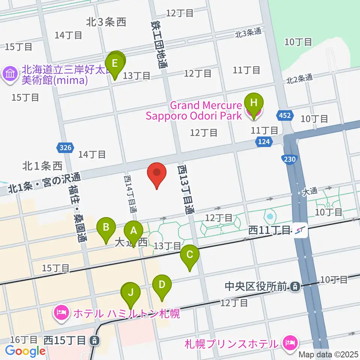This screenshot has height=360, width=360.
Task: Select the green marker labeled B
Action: [x=106, y=227]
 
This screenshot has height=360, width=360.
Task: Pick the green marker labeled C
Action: [x=189, y=255]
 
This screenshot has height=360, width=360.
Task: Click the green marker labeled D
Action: [x=162, y=284]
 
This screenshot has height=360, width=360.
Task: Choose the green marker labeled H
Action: [x=254, y=103]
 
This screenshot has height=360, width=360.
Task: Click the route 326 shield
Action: [x=65, y=148]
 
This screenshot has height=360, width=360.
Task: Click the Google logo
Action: [x=25, y=351]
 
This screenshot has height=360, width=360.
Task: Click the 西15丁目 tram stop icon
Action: [x=95, y=341]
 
